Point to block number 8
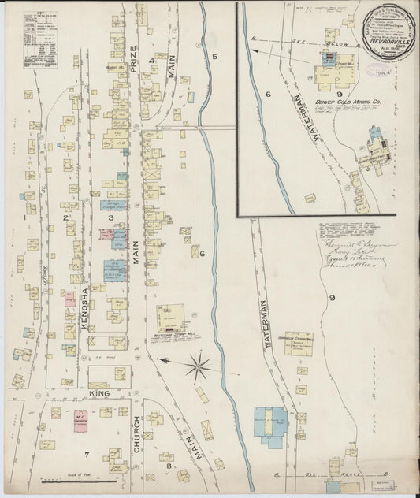(169, 467)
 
